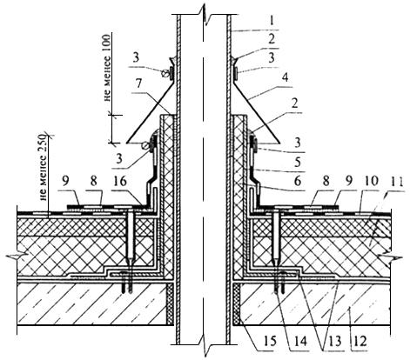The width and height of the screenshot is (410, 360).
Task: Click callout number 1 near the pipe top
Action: [x=272, y=22]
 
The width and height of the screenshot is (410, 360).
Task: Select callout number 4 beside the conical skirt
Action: [x=286, y=77]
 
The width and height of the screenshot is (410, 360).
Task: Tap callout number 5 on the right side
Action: [x=298, y=163]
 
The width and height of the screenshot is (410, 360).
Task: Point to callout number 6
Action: [x=298, y=182]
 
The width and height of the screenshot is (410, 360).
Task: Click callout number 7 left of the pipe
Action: [x=138, y=83]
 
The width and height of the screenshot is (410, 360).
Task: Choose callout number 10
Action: [x=372, y=181]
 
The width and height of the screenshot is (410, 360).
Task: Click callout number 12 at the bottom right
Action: [x=360, y=341]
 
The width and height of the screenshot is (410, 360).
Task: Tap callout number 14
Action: [x=300, y=341]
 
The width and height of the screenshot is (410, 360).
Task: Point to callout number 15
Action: [x=270, y=341]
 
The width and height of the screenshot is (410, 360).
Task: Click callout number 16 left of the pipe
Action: [x=120, y=182]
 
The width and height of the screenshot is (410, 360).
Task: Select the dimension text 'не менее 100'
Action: [x=107, y=68]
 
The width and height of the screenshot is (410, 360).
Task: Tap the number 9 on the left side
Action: [x=65, y=182]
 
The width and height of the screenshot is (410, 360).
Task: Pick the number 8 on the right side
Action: [x=326, y=182]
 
